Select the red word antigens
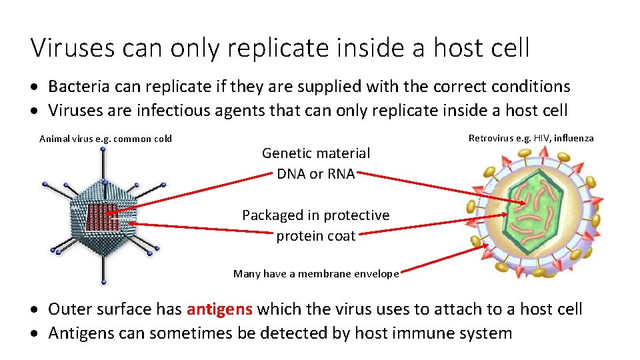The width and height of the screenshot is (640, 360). point(219,309)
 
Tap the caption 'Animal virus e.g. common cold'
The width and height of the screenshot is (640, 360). point(105,139)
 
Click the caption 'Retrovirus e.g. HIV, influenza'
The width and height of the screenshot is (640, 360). point(531,138)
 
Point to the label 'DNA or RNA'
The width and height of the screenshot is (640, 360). point(315,174)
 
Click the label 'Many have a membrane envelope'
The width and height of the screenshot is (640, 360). point(316,273)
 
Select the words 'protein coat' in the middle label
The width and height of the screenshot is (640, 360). point(315,236)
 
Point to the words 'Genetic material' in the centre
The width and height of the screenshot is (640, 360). point(315,153)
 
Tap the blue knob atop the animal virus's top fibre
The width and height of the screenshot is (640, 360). point(103,149)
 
